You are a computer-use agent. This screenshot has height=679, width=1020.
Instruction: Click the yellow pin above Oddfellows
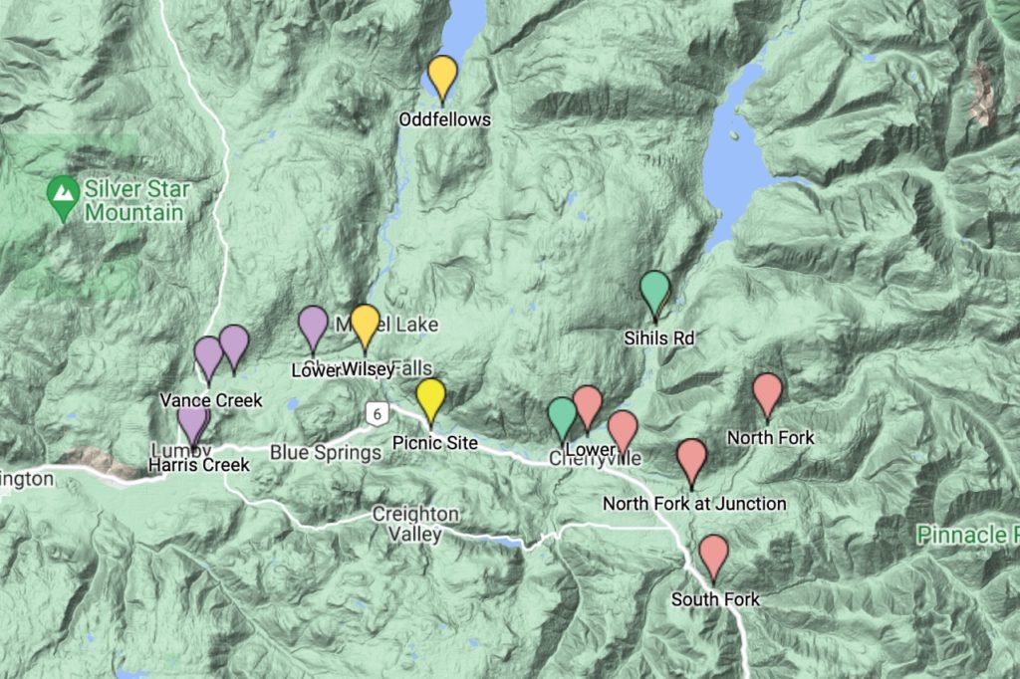pyautogui.click(x=442, y=75)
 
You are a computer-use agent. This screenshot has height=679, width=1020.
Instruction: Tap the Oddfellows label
pyautogui.click(x=445, y=119)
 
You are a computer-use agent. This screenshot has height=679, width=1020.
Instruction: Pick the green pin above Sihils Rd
pyautogui.click(x=654, y=290)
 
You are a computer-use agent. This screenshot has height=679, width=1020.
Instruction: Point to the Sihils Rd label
pyautogui.click(x=658, y=339)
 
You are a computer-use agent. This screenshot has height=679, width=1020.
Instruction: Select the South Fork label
pyautogui.click(x=715, y=599)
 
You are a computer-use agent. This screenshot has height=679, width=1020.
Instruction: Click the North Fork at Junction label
pyautogui.click(x=694, y=504)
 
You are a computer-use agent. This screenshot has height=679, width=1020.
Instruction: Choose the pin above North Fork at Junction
pyautogui.click(x=691, y=458)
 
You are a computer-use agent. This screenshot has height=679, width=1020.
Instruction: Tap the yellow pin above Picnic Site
pyautogui.click(x=430, y=396)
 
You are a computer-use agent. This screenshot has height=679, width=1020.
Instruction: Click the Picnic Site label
pyautogui.click(x=435, y=442)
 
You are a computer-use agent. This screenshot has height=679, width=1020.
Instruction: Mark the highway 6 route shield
pyautogui.click(x=376, y=412)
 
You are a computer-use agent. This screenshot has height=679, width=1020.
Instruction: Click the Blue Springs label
pyautogui.click(x=326, y=453)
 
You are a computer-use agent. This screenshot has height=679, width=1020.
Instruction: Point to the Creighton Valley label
pyautogui.click(x=415, y=524)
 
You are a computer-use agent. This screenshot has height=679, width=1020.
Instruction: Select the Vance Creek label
pyautogui.click(x=211, y=400)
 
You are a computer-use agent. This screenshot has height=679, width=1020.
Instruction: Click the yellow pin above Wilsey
pyautogui.click(x=366, y=323)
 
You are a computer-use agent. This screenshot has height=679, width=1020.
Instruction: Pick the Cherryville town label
pyautogui.click(x=595, y=459)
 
